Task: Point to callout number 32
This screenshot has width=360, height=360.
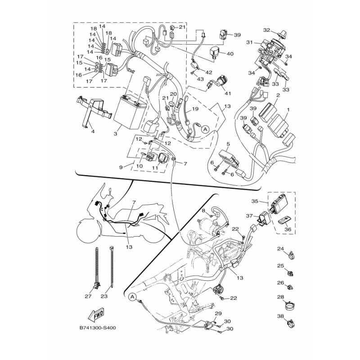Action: (x=266, y=30)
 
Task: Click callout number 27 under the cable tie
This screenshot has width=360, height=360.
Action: (x=88, y=296)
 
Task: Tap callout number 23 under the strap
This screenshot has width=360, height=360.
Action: (x=105, y=296)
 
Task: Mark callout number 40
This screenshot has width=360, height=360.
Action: (x=230, y=54)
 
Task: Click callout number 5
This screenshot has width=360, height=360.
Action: (x=228, y=144)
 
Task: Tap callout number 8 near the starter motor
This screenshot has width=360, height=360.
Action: (x=203, y=211)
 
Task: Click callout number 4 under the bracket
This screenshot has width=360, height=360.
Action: (x=93, y=132)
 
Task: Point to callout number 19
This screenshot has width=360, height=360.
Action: (x=195, y=109)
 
